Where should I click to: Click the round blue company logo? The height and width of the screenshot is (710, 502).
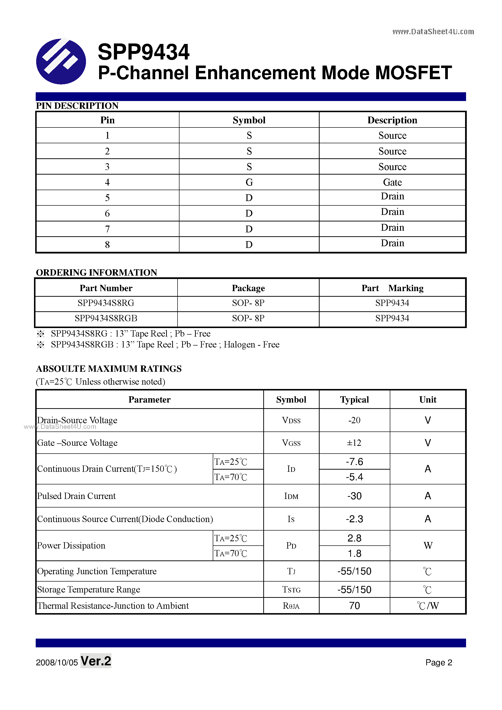[61, 61]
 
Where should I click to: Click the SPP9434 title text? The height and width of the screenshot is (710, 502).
[143, 52]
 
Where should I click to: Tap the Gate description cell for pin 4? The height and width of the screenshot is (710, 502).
[392, 182]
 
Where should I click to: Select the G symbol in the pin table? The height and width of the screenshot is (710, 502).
[249, 182]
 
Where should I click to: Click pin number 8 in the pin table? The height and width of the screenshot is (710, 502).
[107, 245]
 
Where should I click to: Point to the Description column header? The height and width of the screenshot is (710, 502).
[392, 120]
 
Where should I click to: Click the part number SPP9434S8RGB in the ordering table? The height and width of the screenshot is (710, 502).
[106, 318]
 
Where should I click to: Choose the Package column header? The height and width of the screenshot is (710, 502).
[248, 288]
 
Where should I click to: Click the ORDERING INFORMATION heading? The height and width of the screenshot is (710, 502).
[96, 272]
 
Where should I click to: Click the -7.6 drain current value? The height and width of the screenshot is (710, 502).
[354, 462]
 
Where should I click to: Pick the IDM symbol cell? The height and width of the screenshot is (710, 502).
[291, 496]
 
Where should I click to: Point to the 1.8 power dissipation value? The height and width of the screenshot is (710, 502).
[354, 553]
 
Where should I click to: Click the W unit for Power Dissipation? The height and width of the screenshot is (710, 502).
[428, 545]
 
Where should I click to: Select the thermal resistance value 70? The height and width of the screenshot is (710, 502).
[354, 606]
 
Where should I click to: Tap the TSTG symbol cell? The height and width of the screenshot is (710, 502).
[291, 590]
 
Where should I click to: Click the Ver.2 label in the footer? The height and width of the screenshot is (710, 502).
[96, 661]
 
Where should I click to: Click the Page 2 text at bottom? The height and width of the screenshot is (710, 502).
[439, 662]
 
